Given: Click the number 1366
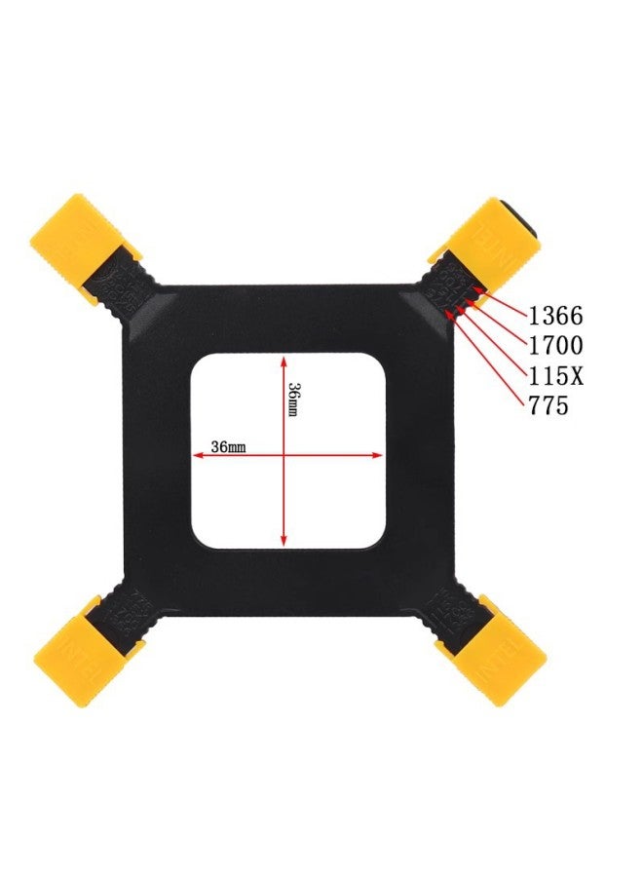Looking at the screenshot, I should pos(555,316).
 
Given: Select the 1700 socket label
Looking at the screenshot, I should pos(555,346).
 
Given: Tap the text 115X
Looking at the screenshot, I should pos(555,375).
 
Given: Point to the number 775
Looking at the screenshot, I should pos(548,405).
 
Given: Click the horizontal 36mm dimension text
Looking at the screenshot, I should pos(228,446).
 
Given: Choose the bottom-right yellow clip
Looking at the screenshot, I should pos(491,652).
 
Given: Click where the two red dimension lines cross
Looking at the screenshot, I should pos(284,454).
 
